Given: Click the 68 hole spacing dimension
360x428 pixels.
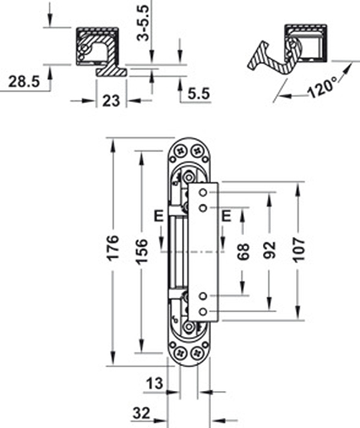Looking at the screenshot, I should click(242, 252).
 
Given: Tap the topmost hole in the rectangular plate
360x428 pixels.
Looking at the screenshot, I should click(204, 192).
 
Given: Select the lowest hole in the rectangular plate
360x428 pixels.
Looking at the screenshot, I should click(204, 311).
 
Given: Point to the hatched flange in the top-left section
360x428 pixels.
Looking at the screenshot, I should click(112, 70).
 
